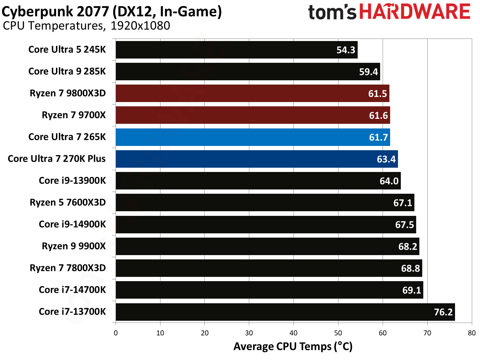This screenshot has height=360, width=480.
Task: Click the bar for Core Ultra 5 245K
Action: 236,50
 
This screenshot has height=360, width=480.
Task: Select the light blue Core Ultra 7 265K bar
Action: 252,137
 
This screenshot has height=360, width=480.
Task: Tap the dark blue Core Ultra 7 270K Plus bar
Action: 256,159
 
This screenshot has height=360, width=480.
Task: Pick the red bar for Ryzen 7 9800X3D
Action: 252,93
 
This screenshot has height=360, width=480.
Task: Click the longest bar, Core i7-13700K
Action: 285,312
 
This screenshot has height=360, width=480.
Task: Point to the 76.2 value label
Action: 443,312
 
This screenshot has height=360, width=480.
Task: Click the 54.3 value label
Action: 346,50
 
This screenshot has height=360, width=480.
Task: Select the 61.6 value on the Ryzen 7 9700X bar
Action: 378,116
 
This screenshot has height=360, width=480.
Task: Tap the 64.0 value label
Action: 389,181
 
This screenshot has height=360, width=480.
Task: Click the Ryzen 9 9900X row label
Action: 74,246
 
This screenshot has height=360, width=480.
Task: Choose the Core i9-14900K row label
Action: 72,224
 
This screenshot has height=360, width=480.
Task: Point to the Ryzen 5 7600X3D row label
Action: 68,203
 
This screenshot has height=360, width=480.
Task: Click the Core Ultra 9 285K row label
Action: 67,71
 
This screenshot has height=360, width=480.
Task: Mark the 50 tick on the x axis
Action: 338,333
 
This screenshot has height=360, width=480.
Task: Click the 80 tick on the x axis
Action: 471,333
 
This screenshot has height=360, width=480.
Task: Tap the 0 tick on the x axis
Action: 116,333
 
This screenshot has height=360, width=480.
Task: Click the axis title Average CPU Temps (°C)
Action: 293,346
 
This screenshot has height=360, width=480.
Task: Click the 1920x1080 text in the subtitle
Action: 140,26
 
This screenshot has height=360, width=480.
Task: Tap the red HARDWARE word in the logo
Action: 414,12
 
